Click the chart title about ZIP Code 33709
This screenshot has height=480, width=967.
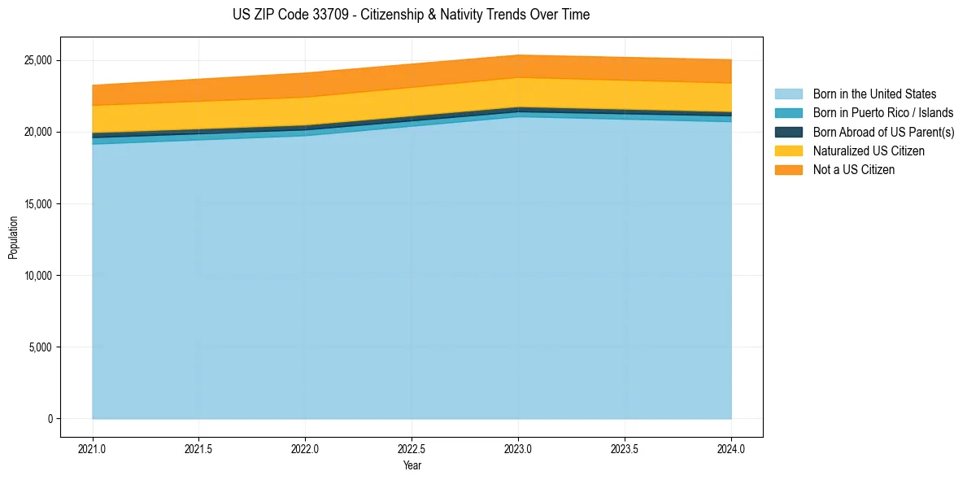click(x=411, y=15)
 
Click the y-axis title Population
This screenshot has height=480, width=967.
click(x=13, y=238)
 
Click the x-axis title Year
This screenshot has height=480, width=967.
click(x=412, y=465)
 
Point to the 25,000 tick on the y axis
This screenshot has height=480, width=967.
click(x=37, y=60)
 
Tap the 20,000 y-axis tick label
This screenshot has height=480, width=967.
click(x=37, y=132)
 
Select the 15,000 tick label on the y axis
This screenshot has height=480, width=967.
click(x=37, y=204)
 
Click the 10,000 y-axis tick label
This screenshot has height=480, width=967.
click(x=37, y=276)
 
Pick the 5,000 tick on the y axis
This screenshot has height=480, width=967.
click(x=40, y=347)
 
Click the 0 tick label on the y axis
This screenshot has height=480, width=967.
click(x=50, y=419)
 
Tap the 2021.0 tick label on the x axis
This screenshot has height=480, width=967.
click(x=93, y=448)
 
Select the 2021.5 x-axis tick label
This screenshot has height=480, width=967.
click(x=199, y=448)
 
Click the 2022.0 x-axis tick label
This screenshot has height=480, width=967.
click(x=305, y=448)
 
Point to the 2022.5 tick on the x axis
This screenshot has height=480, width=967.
click(x=412, y=448)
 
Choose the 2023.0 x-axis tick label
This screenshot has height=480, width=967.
click(x=518, y=448)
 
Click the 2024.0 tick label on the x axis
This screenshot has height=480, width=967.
click(x=731, y=448)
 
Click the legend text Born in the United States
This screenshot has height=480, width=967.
click(x=874, y=94)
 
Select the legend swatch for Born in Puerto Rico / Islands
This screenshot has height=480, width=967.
click(x=788, y=113)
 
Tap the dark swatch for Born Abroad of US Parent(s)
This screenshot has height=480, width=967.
click(x=788, y=132)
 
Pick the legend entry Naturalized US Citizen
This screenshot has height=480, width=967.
click(x=869, y=151)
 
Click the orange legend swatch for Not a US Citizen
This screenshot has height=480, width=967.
click(x=788, y=170)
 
